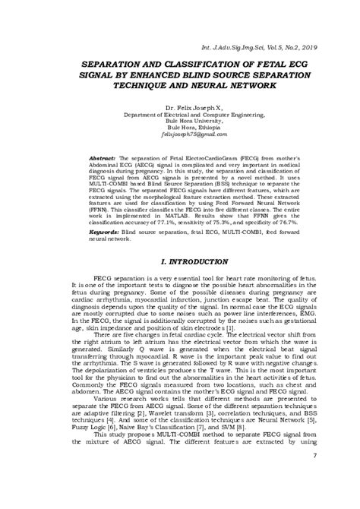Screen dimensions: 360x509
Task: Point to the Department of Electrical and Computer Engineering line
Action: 179,118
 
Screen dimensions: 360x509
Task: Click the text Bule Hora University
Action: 179,125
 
